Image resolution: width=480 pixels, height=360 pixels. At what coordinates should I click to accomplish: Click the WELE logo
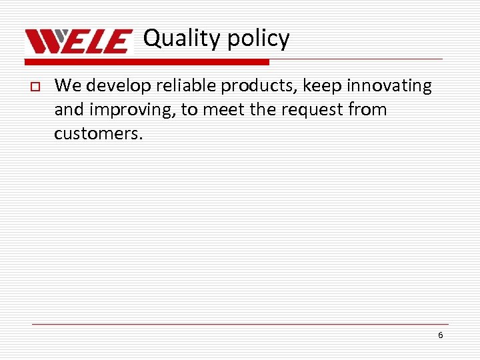coord(79,42)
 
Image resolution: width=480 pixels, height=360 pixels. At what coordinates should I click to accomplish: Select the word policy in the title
coord(259,39)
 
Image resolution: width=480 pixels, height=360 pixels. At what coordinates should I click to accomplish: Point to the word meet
coord(223,110)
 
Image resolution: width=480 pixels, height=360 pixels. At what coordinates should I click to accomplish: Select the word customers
coord(98,133)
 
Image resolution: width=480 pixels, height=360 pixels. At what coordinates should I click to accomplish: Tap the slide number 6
coord(440,335)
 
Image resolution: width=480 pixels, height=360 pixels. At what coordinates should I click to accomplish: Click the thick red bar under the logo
coord(147,62)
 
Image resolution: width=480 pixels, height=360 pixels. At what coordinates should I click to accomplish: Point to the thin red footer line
coord(240,324)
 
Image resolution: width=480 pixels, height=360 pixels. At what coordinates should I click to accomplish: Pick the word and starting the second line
coord(67,110)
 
